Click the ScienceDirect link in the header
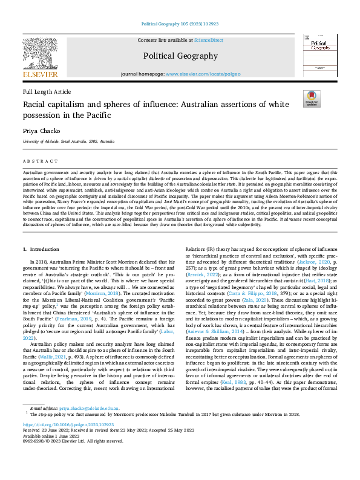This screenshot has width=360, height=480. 208,40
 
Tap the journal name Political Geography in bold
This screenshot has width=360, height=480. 180,56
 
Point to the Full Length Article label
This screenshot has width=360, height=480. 47,91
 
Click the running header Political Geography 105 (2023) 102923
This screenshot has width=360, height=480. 180,24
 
